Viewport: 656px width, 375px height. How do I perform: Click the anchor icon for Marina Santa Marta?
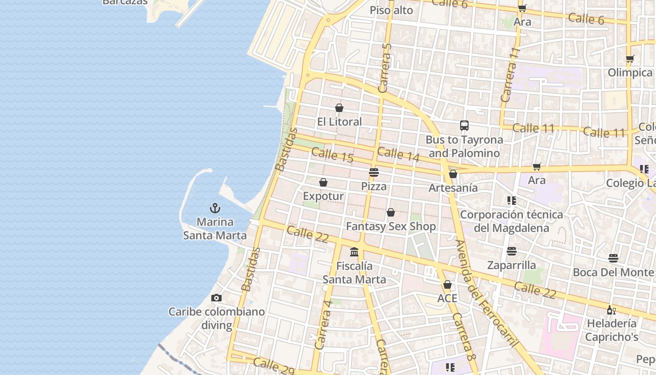pyautogui.click(x=215, y=208)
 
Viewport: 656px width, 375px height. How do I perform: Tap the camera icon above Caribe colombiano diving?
pyautogui.click(x=216, y=298)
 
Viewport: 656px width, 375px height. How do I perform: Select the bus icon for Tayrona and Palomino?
pyautogui.click(x=464, y=126)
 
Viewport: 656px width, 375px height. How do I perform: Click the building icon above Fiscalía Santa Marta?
pyautogui.click(x=354, y=252)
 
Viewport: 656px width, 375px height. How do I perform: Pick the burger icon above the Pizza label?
pyautogui.click(x=374, y=172)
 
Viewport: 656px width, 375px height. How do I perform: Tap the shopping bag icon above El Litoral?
pyautogui.click(x=339, y=108)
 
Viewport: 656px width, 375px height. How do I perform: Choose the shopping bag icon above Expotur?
pyautogui.click(x=323, y=182)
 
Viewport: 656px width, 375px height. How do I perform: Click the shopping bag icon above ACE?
pyautogui.click(x=447, y=285)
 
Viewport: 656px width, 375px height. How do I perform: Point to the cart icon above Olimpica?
pyautogui.click(x=630, y=59)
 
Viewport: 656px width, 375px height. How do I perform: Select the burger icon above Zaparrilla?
pyautogui.click(x=512, y=251)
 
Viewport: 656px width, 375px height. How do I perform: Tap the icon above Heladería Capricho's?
pyautogui.click(x=611, y=310)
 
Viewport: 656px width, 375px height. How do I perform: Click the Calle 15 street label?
pyautogui.click(x=332, y=155)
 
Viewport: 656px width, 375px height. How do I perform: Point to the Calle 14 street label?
pyautogui.click(x=398, y=154)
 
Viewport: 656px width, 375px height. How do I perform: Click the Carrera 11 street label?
pyautogui.click(x=510, y=75)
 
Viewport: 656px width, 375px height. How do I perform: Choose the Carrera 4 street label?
pyautogui.click(x=324, y=324)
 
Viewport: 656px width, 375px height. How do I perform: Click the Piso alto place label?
pyautogui.click(x=391, y=10)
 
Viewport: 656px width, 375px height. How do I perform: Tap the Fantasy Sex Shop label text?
pyautogui.click(x=391, y=226)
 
